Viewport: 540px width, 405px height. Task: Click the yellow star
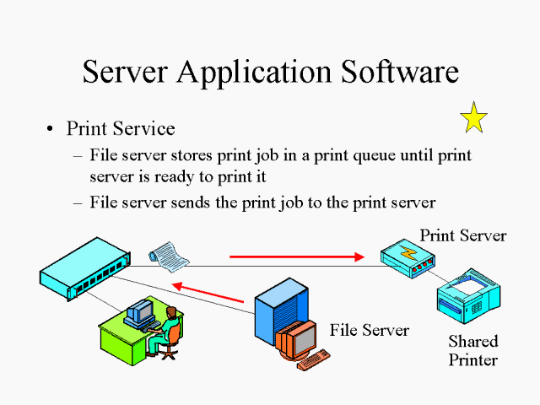coord(474,118)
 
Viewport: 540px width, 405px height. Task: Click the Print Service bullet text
coord(121,128)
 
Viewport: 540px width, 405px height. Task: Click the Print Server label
coord(462,235)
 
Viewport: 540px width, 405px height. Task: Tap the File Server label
coord(369,329)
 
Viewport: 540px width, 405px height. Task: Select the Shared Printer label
coord(472,350)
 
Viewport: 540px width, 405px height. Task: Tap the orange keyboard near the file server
coord(313,360)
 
